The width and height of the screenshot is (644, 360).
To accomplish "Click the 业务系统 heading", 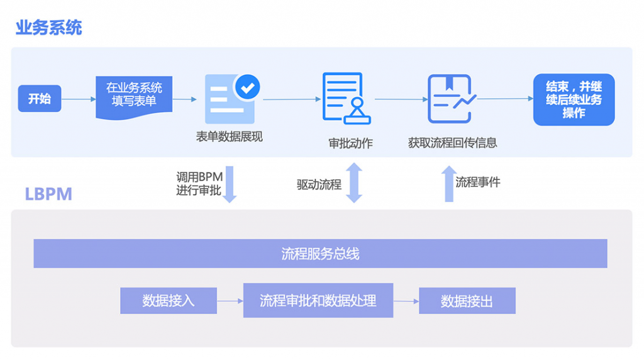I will click(49, 28).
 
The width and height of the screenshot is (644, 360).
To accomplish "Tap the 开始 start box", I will click(40, 98).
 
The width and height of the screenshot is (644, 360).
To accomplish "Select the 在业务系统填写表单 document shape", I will click(134, 96).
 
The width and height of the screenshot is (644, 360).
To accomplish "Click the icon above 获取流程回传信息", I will click(450, 98).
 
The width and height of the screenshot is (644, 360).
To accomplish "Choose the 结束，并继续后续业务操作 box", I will click(574, 99).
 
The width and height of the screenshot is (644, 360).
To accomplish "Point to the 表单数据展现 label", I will click(229, 137).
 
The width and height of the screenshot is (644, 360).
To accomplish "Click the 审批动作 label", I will click(350, 143).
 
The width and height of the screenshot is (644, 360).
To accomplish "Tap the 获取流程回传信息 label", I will click(452, 143).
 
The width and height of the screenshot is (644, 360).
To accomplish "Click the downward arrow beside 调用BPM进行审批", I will click(230, 184).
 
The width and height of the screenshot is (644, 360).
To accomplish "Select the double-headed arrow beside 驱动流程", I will click(354, 183).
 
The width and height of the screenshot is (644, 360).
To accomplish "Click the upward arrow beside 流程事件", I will click(448, 184).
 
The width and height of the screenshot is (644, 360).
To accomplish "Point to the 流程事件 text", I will click(478, 183).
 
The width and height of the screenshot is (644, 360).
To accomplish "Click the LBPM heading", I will click(48, 194).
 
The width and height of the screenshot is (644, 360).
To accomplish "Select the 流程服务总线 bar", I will click(320, 254).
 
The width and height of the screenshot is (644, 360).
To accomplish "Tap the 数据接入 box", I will click(169, 301).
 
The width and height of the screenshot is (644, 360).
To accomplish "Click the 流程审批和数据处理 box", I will click(318, 300).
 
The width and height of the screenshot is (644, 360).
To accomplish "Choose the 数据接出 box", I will click(467, 301).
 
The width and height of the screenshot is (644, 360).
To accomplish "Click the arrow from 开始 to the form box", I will click(79, 99).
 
